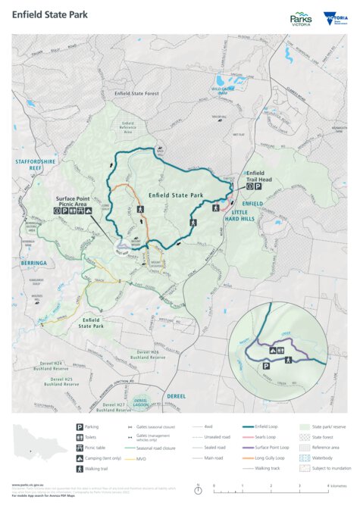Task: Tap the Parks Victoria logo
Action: click(x=302, y=19)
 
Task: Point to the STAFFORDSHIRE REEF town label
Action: click(x=35, y=164)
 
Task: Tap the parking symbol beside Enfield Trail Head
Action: click(x=258, y=186)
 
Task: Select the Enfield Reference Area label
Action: click(x=127, y=126)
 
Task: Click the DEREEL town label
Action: click(x=177, y=395)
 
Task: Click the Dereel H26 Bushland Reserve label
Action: click(x=148, y=354)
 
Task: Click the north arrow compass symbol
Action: click(x=199, y=489)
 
